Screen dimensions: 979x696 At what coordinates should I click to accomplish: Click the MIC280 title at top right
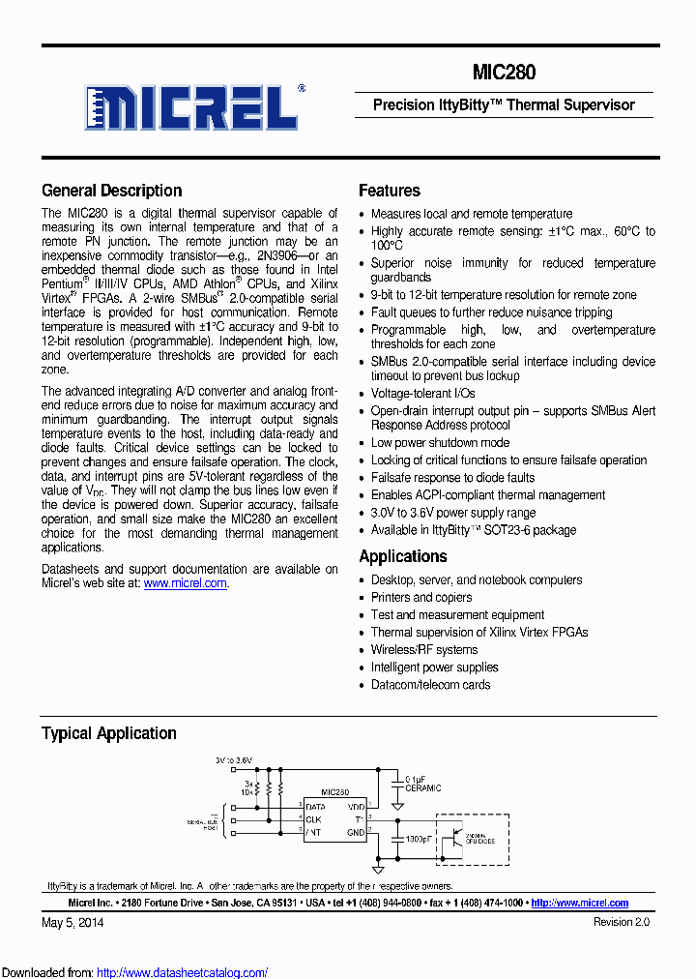point(504,73)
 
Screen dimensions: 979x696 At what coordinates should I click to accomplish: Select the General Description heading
point(111,191)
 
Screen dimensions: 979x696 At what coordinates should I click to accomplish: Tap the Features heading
point(389,191)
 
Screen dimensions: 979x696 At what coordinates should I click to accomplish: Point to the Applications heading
point(402,556)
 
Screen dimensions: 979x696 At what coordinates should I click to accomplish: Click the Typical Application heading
point(108,733)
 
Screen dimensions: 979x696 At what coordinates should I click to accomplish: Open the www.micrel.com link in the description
point(186,583)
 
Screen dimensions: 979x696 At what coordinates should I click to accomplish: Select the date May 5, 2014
point(72,923)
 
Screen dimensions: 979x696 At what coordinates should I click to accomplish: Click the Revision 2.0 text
point(621,923)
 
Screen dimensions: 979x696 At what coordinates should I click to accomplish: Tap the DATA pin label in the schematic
point(315,806)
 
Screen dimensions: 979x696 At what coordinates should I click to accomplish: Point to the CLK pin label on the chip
point(313,818)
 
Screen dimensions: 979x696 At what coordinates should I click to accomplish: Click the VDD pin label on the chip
point(355,806)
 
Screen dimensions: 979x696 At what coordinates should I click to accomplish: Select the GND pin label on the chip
point(355,831)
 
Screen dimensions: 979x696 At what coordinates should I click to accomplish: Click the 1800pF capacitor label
point(418,838)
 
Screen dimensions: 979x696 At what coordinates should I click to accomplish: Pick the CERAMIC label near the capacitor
point(423,788)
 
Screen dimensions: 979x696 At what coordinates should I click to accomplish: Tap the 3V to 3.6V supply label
point(235,761)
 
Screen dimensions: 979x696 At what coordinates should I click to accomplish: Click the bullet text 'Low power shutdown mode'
point(440,442)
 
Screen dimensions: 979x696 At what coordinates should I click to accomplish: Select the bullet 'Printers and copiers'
point(421,597)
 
